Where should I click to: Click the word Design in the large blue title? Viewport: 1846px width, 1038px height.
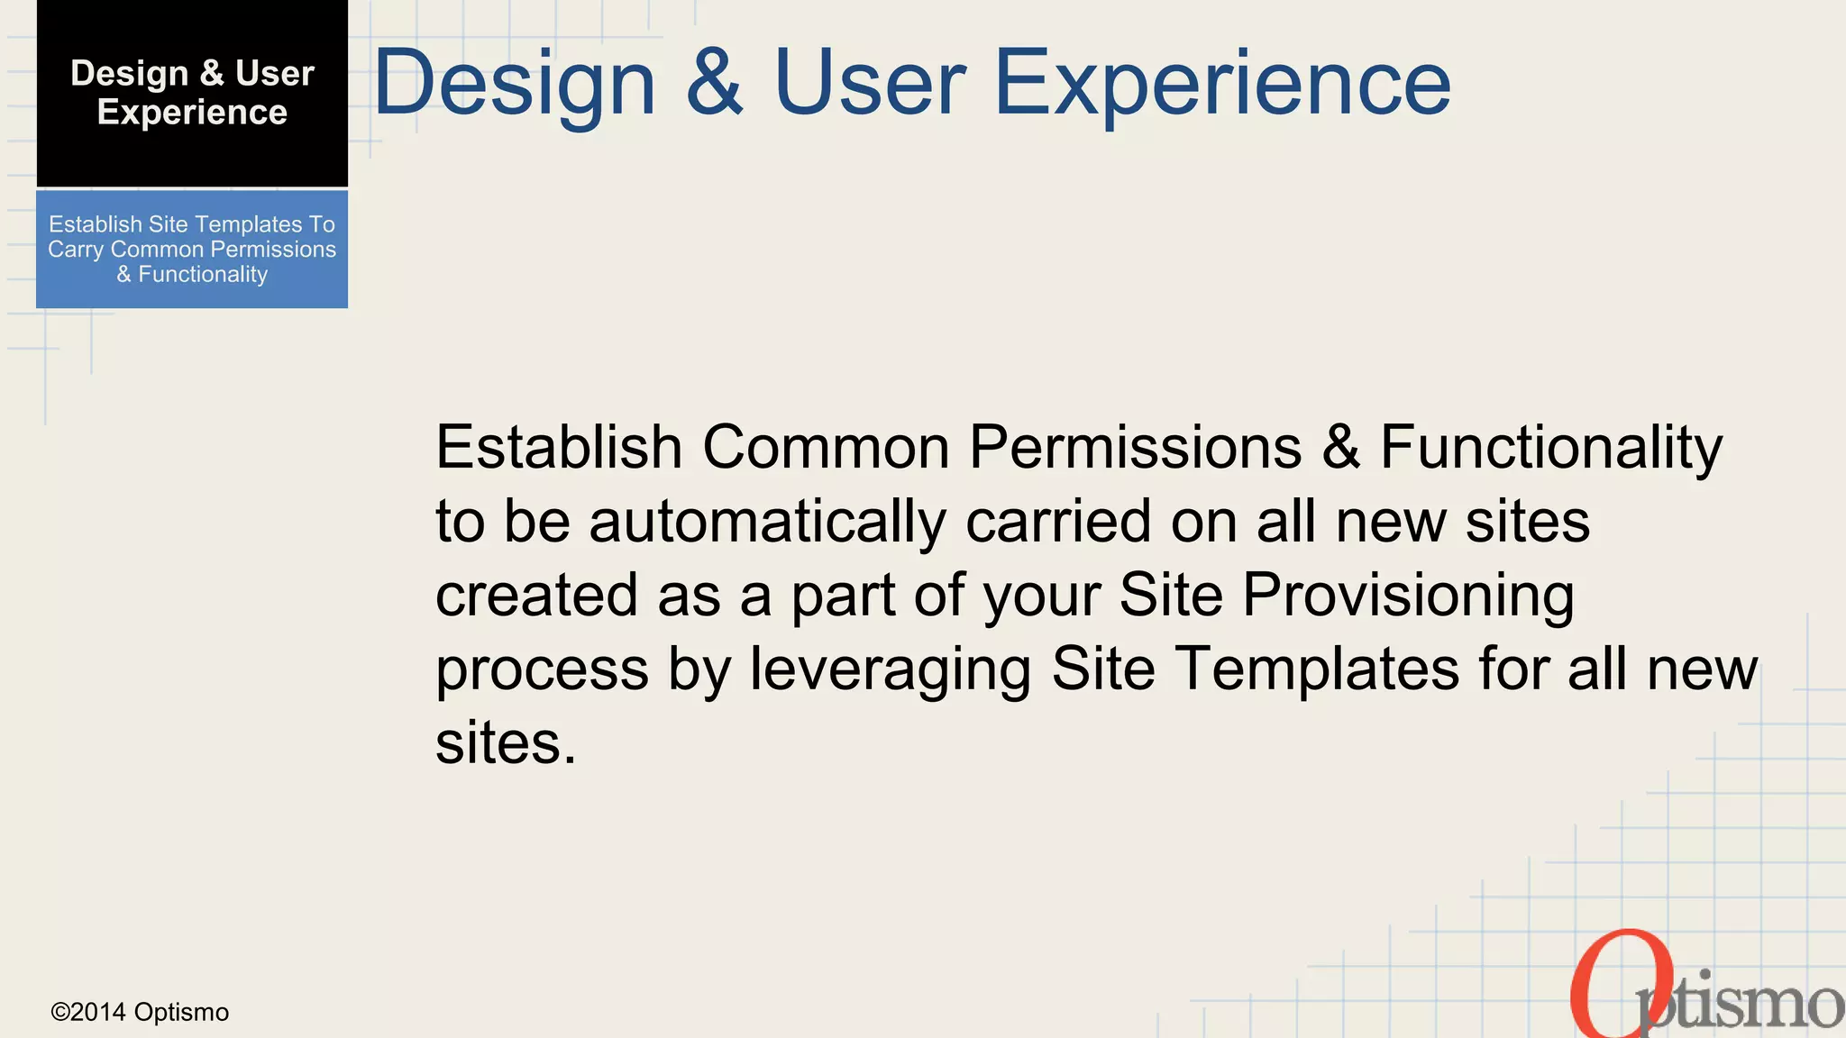(515, 84)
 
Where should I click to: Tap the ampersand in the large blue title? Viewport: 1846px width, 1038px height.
(715, 84)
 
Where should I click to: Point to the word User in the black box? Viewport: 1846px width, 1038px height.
(274, 73)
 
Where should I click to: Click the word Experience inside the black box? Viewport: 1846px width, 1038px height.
(192, 113)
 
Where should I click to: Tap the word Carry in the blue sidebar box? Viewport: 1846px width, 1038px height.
(76, 250)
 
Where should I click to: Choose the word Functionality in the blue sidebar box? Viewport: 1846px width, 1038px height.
(203, 274)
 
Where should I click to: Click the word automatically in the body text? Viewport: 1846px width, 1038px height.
(767, 522)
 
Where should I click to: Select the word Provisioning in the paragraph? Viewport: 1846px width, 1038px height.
(1408, 596)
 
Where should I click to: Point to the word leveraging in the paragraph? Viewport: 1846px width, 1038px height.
(891, 669)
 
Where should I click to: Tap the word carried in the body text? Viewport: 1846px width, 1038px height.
(1058, 522)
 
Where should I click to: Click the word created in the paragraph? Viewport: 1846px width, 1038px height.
(537, 596)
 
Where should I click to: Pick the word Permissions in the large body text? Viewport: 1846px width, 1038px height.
(1135, 447)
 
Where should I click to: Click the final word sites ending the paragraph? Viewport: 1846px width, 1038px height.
(505, 743)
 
